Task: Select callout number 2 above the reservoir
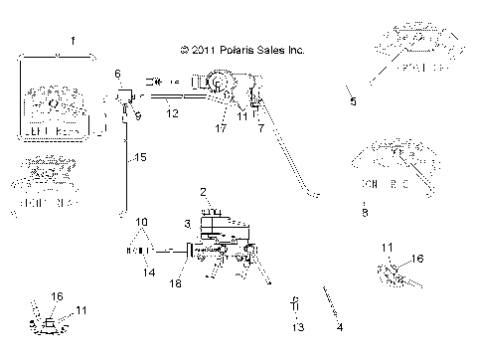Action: tap(203, 192)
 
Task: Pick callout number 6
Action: tap(116, 75)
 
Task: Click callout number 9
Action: tap(137, 115)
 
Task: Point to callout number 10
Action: tap(141, 221)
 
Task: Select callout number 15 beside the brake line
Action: tap(140, 157)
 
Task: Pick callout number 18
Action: tap(176, 283)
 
